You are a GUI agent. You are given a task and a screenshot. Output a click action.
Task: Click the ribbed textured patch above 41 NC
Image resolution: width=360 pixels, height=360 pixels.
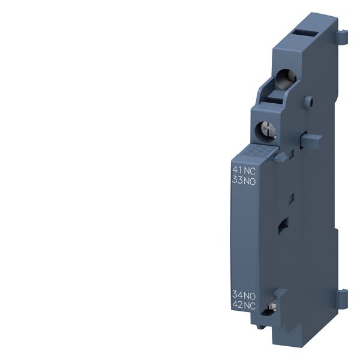252,154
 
